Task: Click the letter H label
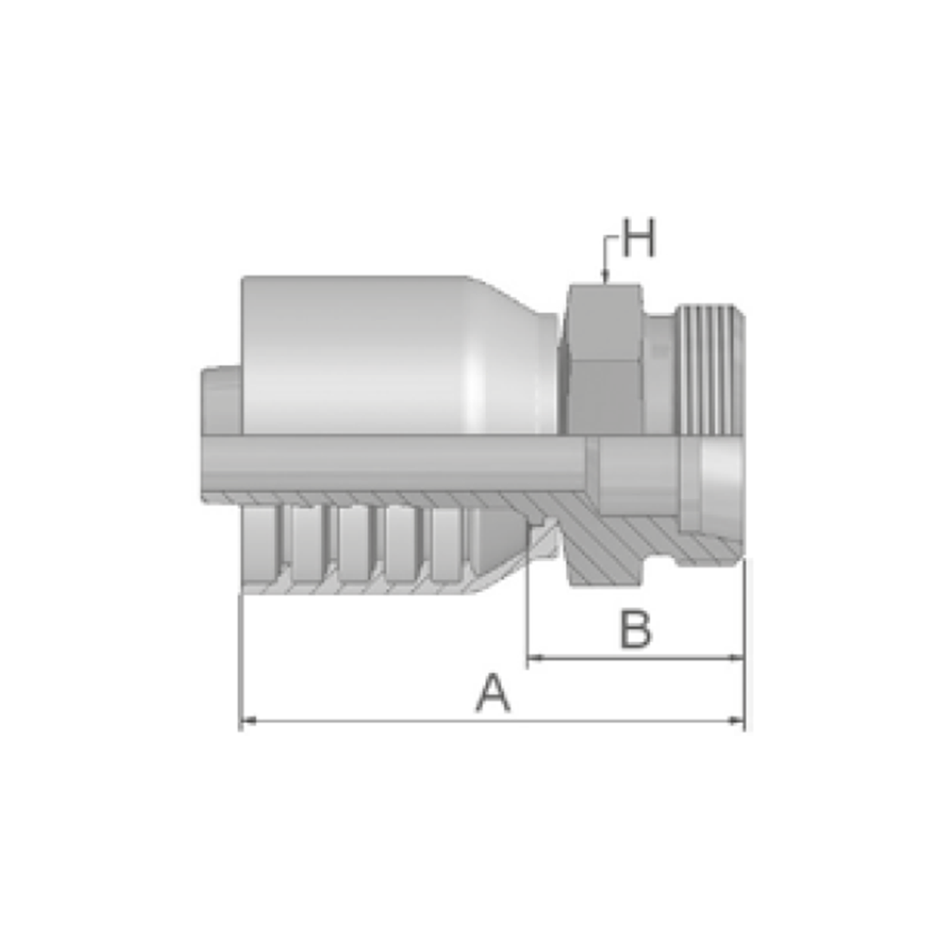639,238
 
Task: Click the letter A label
492,692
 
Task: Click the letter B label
635,628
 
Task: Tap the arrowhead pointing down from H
605,277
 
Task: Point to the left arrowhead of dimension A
249,721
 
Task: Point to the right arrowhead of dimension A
737,721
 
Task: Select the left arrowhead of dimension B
536,657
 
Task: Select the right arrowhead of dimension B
737,657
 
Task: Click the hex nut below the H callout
605,359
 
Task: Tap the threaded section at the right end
710,370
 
